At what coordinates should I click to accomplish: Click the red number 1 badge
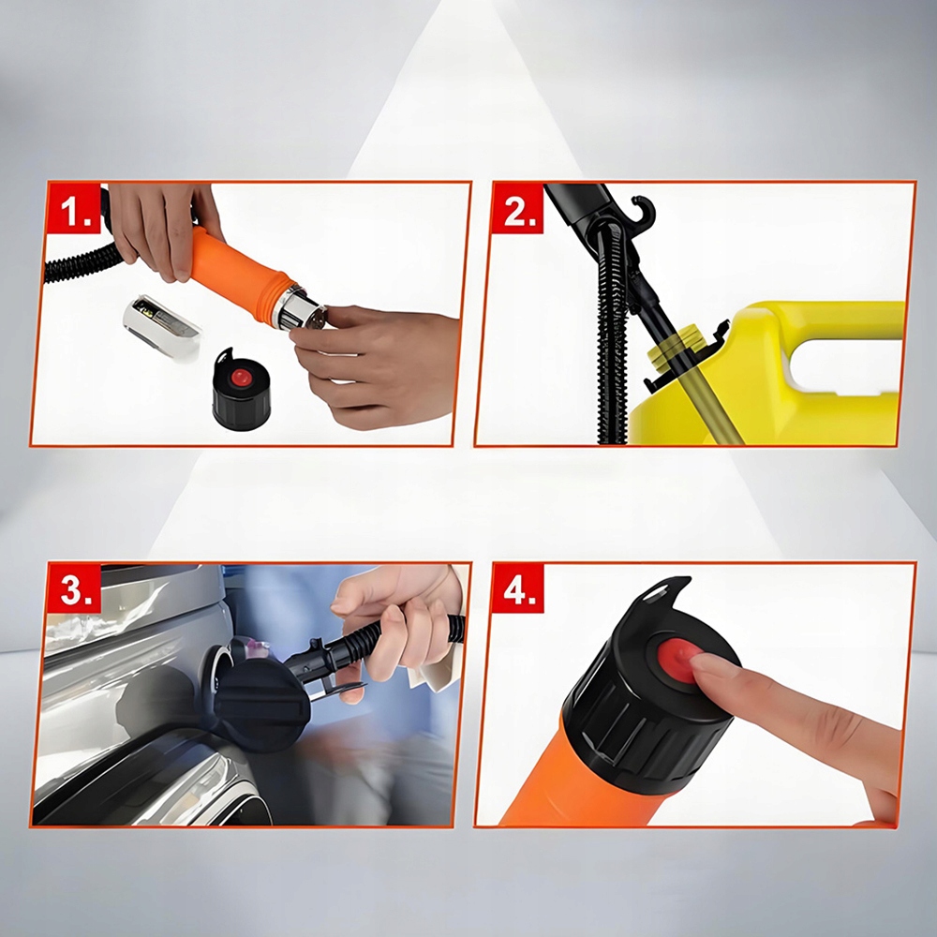click(x=74, y=208)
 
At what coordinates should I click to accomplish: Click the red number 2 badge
click(x=517, y=208)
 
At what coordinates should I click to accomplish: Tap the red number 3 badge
click(x=74, y=588)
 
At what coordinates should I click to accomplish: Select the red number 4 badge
click(x=517, y=588)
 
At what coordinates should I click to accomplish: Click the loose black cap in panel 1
click(x=242, y=389)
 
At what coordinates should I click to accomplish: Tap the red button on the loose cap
click(x=242, y=377)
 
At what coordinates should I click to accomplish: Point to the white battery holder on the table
click(x=162, y=326)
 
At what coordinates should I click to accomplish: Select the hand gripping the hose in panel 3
click(x=396, y=621)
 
